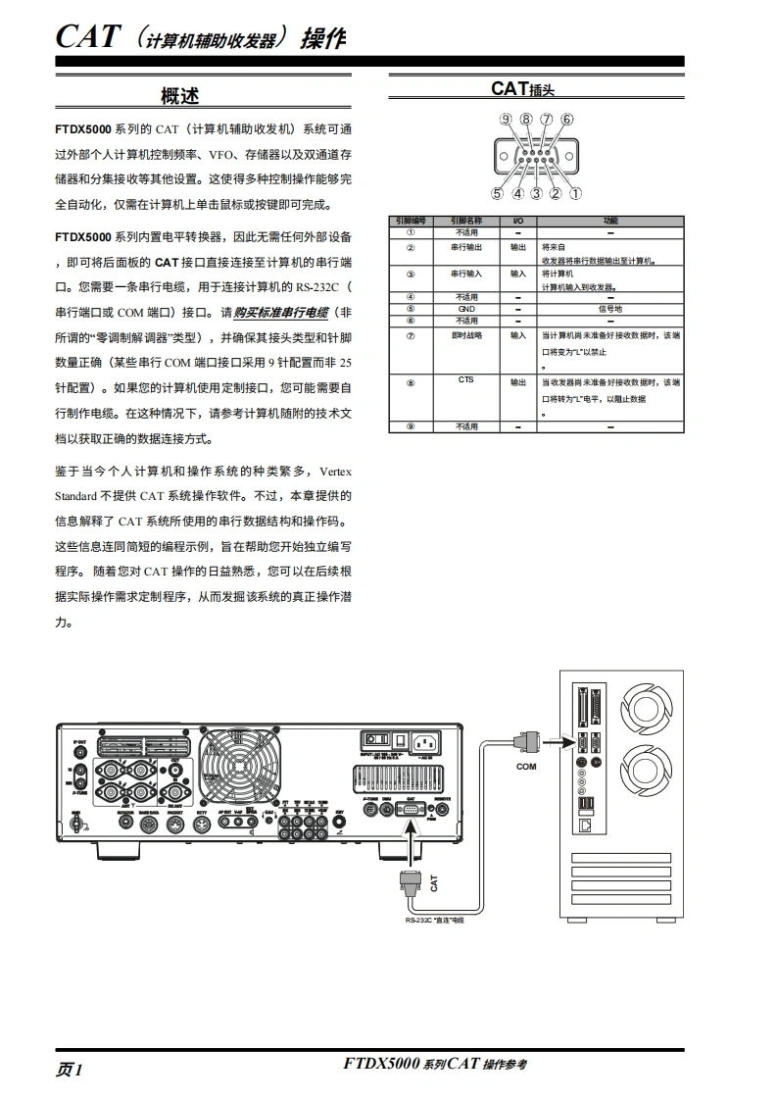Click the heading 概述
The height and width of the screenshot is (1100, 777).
(179, 95)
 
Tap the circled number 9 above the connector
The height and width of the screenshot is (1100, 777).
(506, 121)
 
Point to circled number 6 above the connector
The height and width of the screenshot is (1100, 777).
(567, 121)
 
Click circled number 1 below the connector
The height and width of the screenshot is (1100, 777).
(575, 193)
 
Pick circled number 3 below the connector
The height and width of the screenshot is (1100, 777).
(537, 193)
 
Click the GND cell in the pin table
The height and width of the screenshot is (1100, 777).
(465, 309)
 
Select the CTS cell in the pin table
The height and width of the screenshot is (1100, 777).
(465, 379)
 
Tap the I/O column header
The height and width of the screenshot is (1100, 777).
(518, 221)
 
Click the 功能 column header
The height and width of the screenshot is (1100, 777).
(610, 221)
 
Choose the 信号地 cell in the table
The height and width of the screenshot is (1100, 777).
(610, 309)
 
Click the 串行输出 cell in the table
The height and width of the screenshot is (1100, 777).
(466, 247)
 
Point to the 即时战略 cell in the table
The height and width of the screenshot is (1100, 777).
(466, 335)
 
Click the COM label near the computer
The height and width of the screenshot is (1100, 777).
(527, 767)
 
